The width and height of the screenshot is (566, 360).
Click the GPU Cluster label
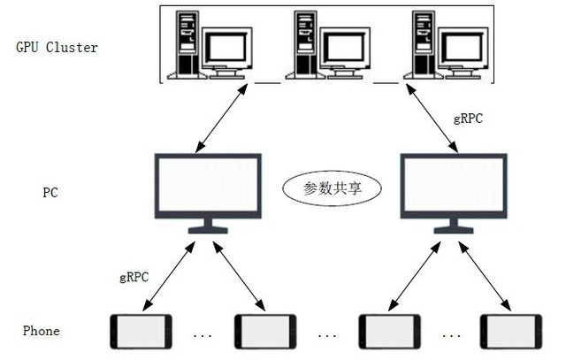tap(57, 47)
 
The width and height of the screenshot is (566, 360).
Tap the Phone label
tap(42, 331)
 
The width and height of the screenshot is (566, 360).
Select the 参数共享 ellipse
tap(330, 188)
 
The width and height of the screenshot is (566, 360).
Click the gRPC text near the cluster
tap(468, 118)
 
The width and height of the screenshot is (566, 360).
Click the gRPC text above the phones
tap(134, 277)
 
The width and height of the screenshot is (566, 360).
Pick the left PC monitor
tap(207, 188)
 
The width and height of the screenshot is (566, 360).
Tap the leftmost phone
tap(140, 333)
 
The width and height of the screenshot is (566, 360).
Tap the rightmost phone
tap(510, 333)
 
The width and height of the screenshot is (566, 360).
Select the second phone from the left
tap(264, 333)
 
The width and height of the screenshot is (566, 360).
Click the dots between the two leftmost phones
tap(202, 336)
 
